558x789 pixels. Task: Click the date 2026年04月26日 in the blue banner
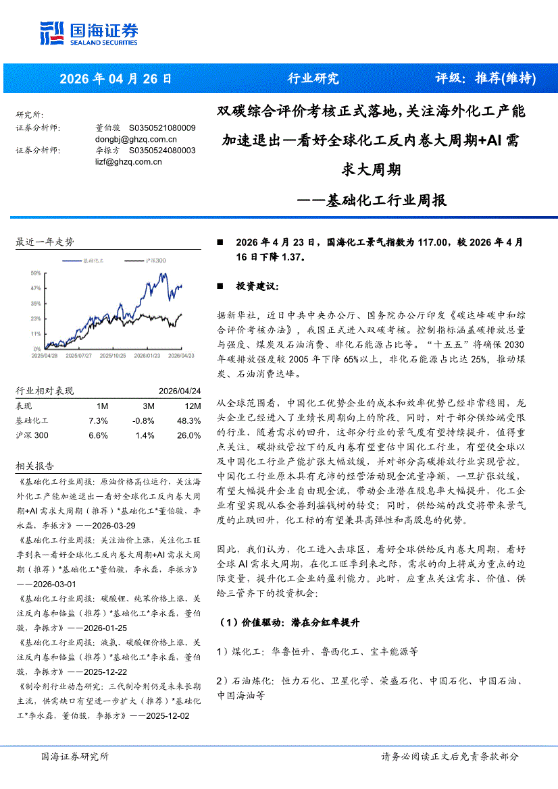[x=116, y=78]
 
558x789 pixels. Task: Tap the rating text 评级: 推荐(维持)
[x=485, y=78]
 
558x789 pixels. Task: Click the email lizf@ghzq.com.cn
[x=124, y=161]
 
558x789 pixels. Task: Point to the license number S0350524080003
[x=162, y=151]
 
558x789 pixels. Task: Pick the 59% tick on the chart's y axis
[x=36, y=273]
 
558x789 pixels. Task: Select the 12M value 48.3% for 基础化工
[x=190, y=420]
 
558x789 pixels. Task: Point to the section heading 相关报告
[x=34, y=466]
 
